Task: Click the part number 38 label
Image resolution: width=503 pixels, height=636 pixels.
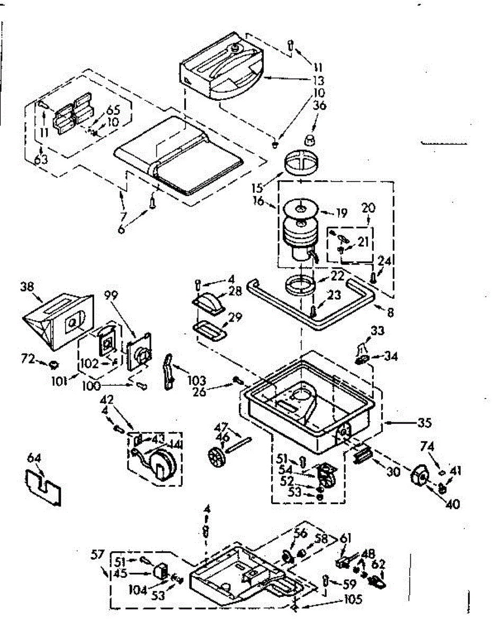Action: (26, 286)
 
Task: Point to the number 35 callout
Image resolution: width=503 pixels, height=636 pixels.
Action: (424, 423)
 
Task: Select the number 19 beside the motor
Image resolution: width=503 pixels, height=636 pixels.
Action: (341, 214)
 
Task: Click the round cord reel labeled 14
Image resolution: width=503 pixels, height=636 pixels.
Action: (163, 463)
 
